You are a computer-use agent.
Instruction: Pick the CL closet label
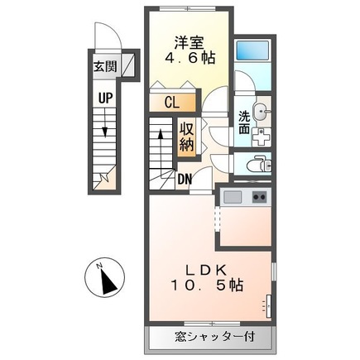click(172, 103)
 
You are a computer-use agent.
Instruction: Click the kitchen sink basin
click(232, 197)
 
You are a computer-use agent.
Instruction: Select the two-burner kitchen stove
click(258, 197)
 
